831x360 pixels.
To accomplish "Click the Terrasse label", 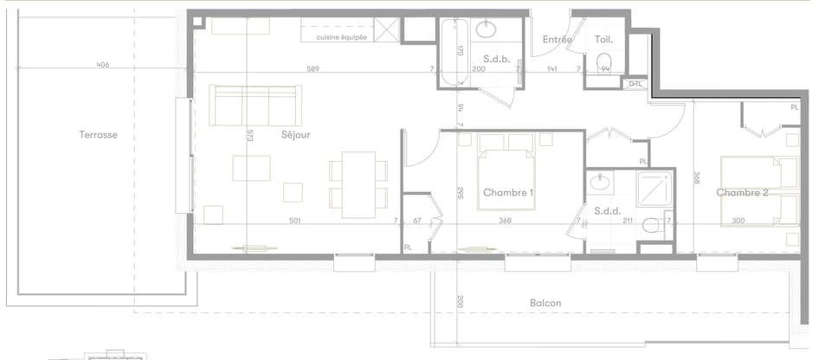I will coord(98,135).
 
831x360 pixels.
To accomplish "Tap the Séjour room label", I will coord(295,135).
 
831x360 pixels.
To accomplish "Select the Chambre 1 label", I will coord(508,192).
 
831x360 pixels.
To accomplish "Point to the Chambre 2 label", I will coord(742,193).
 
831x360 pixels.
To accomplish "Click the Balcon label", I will coord(545,303).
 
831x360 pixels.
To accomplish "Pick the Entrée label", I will coord(557,40).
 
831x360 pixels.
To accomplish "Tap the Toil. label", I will coord(603,40).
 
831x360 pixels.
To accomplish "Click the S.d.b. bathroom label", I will coord(483,58).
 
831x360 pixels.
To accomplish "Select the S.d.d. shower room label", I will coord(605,210).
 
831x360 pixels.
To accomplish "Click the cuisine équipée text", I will coord(341,37).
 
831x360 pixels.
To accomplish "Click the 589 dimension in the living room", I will coord(313,69).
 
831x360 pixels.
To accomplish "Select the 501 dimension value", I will coord(295,222).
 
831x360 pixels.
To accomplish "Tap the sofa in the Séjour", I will coord(255,106).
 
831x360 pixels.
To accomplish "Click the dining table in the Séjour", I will coord(358,184).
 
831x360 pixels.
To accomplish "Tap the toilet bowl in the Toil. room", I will coord(605,61).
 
